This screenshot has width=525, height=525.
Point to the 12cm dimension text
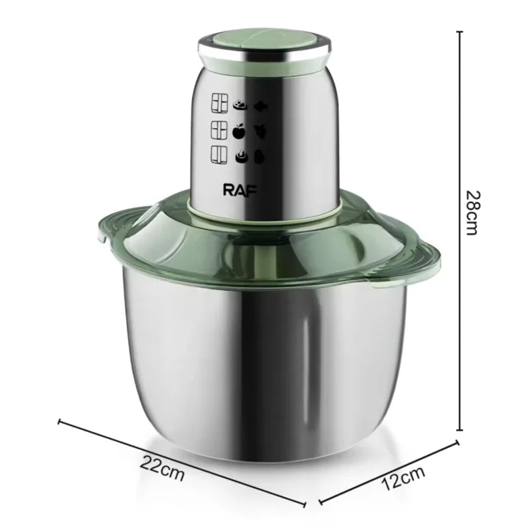coord(403,479)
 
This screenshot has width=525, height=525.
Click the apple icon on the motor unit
coord(239,131)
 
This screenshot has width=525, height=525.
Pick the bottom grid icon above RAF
coord(219,155)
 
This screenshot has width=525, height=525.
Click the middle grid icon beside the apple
coord(219,130)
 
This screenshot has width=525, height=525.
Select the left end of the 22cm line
coord(60,421)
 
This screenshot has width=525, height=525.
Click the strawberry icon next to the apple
coord(260,131)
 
